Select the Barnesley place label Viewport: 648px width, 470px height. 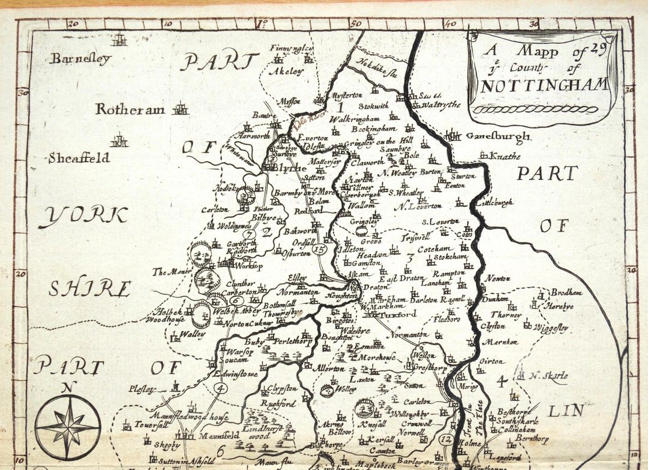point(80,59)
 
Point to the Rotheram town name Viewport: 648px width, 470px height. point(130,109)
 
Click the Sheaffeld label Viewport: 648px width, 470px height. point(79,158)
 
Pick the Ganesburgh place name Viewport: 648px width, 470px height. point(497,136)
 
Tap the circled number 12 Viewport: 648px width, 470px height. point(445,439)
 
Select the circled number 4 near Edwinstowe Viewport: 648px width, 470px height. point(221,388)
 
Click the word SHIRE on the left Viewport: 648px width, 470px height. point(89,289)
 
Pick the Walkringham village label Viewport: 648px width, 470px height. point(355,119)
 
